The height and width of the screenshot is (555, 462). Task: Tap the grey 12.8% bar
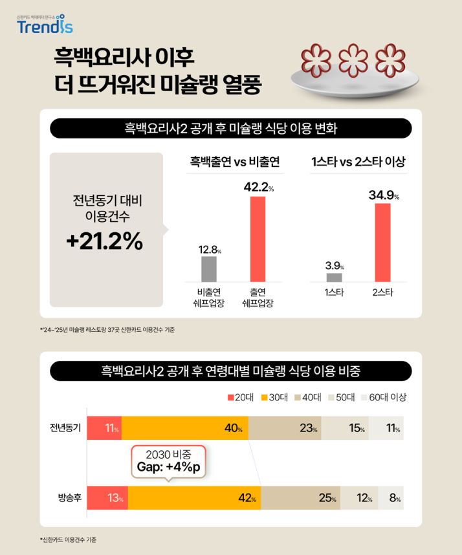pyautogui.click(x=209, y=268)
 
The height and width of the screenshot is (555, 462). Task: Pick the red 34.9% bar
pyautogui.click(x=382, y=243)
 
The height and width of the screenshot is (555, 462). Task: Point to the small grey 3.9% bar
pyautogui.click(x=334, y=277)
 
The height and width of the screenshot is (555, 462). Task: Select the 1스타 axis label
pyautogui.click(x=334, y=293)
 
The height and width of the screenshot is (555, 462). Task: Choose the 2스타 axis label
pyautogui.click(x=382, y=293)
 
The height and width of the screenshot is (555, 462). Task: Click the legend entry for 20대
pyautogui.click(x=242, y=397)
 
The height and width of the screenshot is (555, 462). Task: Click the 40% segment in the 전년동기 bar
pyautogui.click(x=184, y=428)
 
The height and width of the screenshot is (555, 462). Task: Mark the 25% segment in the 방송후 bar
pyautogui.click(x=319, y=498)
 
